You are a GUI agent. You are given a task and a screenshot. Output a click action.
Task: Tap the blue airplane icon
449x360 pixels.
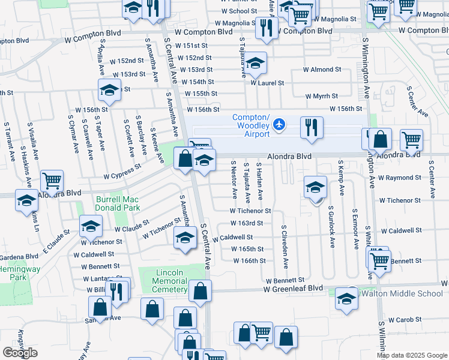tap(279, 125)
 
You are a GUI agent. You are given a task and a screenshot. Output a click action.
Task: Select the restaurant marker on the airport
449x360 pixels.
tap(310, 128)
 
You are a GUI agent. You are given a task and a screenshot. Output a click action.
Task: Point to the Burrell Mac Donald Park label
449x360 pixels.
tap(118, 203)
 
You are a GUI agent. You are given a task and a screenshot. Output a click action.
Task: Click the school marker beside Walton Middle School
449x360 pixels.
tap(347, 299)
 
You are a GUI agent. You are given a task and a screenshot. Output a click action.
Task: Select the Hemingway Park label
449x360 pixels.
tap(20, 274)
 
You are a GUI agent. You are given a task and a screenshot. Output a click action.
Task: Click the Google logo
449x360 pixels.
tap(20, 352)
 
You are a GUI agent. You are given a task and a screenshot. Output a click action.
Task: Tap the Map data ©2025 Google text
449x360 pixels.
tap(412, 355)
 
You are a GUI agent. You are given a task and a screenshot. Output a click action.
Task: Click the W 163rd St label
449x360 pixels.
tap(246, 223)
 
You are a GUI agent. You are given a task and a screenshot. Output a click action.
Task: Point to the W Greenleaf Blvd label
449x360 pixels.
tap(293, 289)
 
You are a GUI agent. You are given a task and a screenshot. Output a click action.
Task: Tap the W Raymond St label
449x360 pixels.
tap(400, 178)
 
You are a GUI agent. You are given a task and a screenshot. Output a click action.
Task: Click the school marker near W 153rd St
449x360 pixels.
tap(109, 90)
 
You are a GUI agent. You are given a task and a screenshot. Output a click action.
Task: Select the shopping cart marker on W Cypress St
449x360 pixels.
tap(52, 180)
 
